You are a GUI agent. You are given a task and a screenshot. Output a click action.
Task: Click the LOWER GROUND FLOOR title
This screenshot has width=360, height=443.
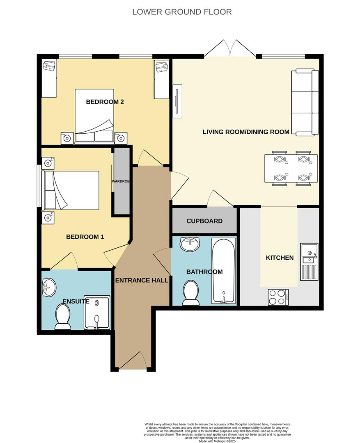point(182,12)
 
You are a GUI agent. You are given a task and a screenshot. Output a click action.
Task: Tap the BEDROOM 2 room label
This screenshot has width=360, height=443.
point(105,102)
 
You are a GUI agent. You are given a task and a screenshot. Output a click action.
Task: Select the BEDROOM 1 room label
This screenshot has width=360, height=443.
point(85,237)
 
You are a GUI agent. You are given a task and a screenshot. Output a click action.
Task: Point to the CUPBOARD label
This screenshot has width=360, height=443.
point(204,221)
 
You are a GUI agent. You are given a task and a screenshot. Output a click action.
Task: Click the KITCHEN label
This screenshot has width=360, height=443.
point(280,258)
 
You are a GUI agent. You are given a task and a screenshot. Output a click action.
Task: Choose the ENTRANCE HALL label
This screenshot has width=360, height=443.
point(142,281)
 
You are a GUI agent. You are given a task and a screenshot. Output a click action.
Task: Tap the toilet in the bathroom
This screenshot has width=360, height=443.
point(190,293)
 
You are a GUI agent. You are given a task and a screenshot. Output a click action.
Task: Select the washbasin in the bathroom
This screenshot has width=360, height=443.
point(190,244)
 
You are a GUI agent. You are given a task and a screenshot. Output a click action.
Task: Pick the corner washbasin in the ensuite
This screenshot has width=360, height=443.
point(48,287)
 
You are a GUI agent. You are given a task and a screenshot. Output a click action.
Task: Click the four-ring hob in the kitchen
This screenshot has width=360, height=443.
point(277,297)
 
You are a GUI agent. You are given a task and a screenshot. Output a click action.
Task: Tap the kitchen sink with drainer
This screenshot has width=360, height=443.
point(309,262)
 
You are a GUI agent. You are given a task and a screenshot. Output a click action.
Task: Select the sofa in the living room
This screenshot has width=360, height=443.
point(305,103)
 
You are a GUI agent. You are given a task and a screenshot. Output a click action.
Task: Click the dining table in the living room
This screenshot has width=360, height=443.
point(291,168)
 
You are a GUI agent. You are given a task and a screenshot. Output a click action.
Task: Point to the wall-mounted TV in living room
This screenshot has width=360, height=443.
point(177,101)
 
